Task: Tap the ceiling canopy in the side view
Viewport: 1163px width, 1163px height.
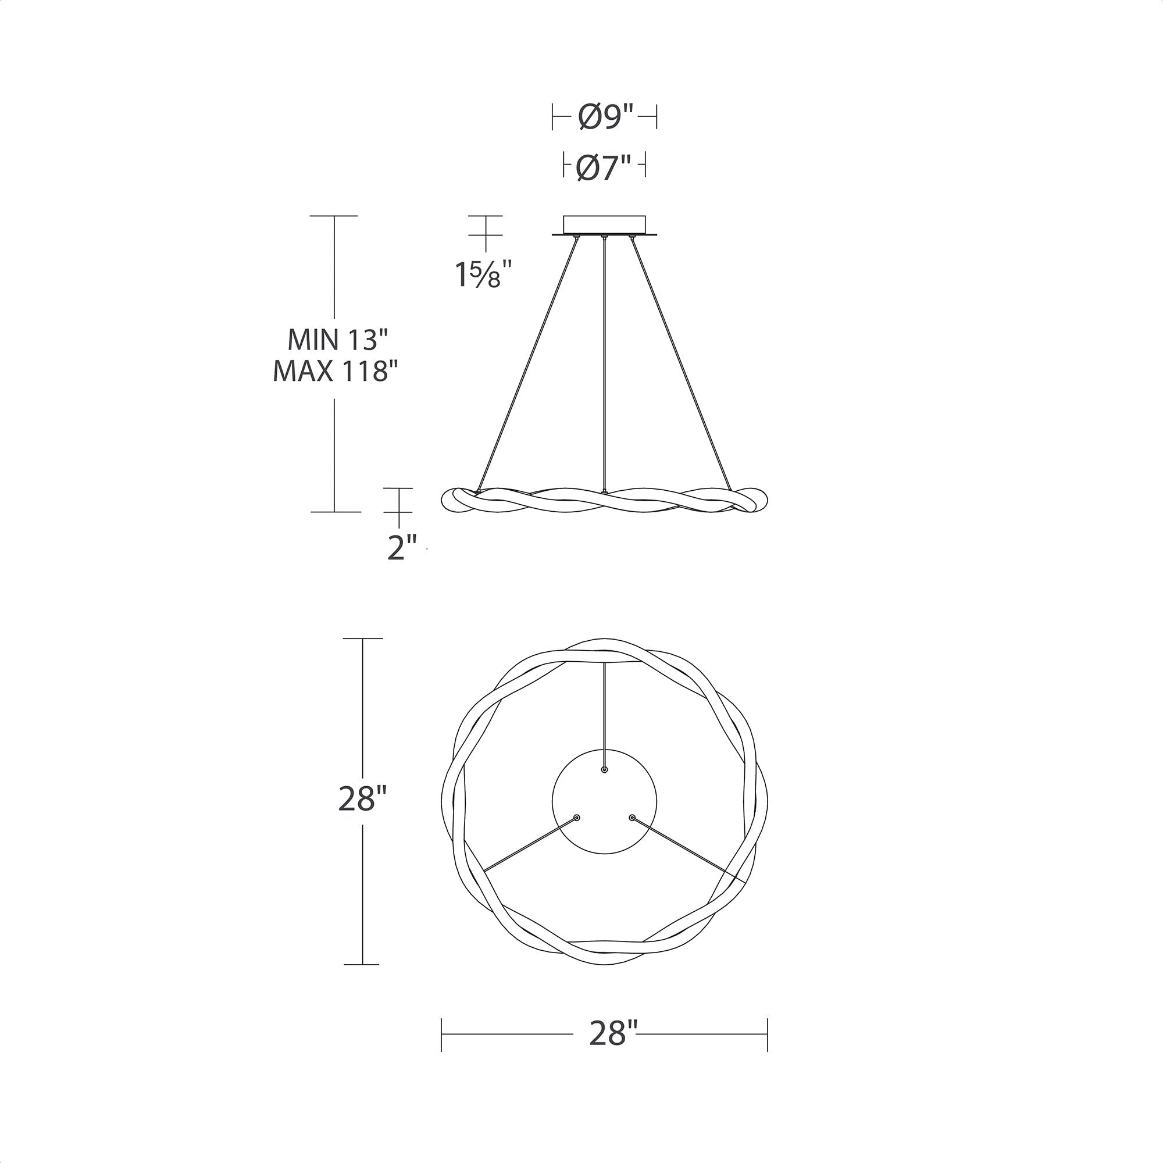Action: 604,226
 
